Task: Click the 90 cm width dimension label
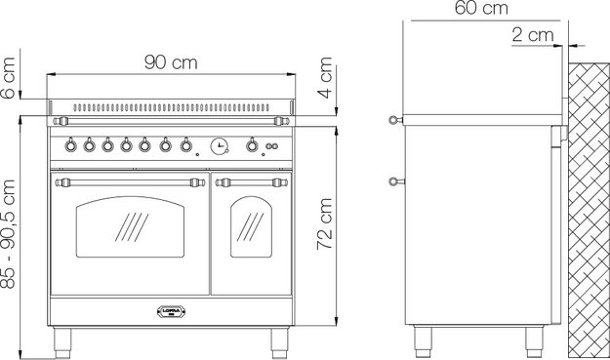pos(171,62)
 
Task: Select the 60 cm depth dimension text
pos(481,9)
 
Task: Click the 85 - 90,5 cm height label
pos(9,232)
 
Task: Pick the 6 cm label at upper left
pos(9,78)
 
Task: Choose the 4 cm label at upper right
pos(326,72)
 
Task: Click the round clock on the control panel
pos(219,146)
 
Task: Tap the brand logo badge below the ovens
pos(171,313)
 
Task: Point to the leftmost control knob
pos(70,146)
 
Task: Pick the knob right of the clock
pos(252,146)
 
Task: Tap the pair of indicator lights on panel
pos(272,146)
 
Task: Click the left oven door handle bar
pos(131,181)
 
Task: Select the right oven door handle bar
pos(251,181)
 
